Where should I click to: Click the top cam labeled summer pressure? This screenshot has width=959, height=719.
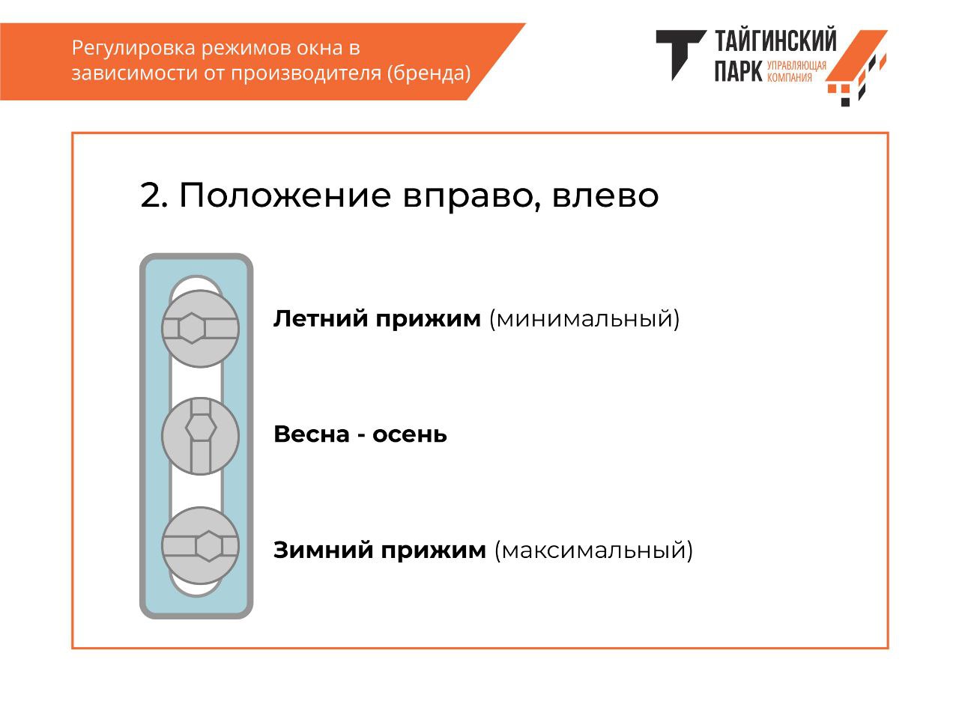pyautogui.click(x=200, y=328)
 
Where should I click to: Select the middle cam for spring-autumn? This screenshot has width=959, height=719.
pyautogui.click(x=200, y=436)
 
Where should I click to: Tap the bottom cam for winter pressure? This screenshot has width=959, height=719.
pyautogui.click(x=200, y=546)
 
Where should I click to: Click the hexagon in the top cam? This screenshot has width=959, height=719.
pyautogui.click(x=192, y=328)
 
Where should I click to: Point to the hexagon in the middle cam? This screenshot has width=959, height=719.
pyautogui.click(x=201, y=428)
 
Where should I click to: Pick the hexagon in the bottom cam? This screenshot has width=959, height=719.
pyautogui.click(x=209, y=546)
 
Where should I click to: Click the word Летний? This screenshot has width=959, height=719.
pyautogui.click(x=321, y=318)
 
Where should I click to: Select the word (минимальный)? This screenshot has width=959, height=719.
pyautogui.click(x=584, y=319)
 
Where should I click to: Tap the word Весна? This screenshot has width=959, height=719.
pyautogui.click(x=312, y=434)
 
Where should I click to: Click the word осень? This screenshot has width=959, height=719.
pyautogui.click(x=409, y=435)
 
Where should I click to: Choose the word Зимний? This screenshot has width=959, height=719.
pyautogui.click(x=324, y=550)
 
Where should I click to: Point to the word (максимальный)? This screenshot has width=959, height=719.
pyautogui.click(x=593, y=550)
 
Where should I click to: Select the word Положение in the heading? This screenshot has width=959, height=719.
pyautogui.click(x=285, y=195)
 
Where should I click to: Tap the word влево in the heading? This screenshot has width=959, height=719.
pyautogui.click(x=605, y=196)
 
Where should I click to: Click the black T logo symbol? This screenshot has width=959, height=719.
pyautogui.click(x=681, y=55)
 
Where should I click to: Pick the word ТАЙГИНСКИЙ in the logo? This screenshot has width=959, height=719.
pyautogui.click(x=775, y=40)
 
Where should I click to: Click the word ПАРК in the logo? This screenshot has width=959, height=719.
pyautogui.click(x=739, y=70)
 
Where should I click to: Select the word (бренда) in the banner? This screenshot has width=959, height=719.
pyautogui.click(x=429, y=73)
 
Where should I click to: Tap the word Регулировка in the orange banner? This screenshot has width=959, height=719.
pyautogui.click(x=133, y=48)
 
